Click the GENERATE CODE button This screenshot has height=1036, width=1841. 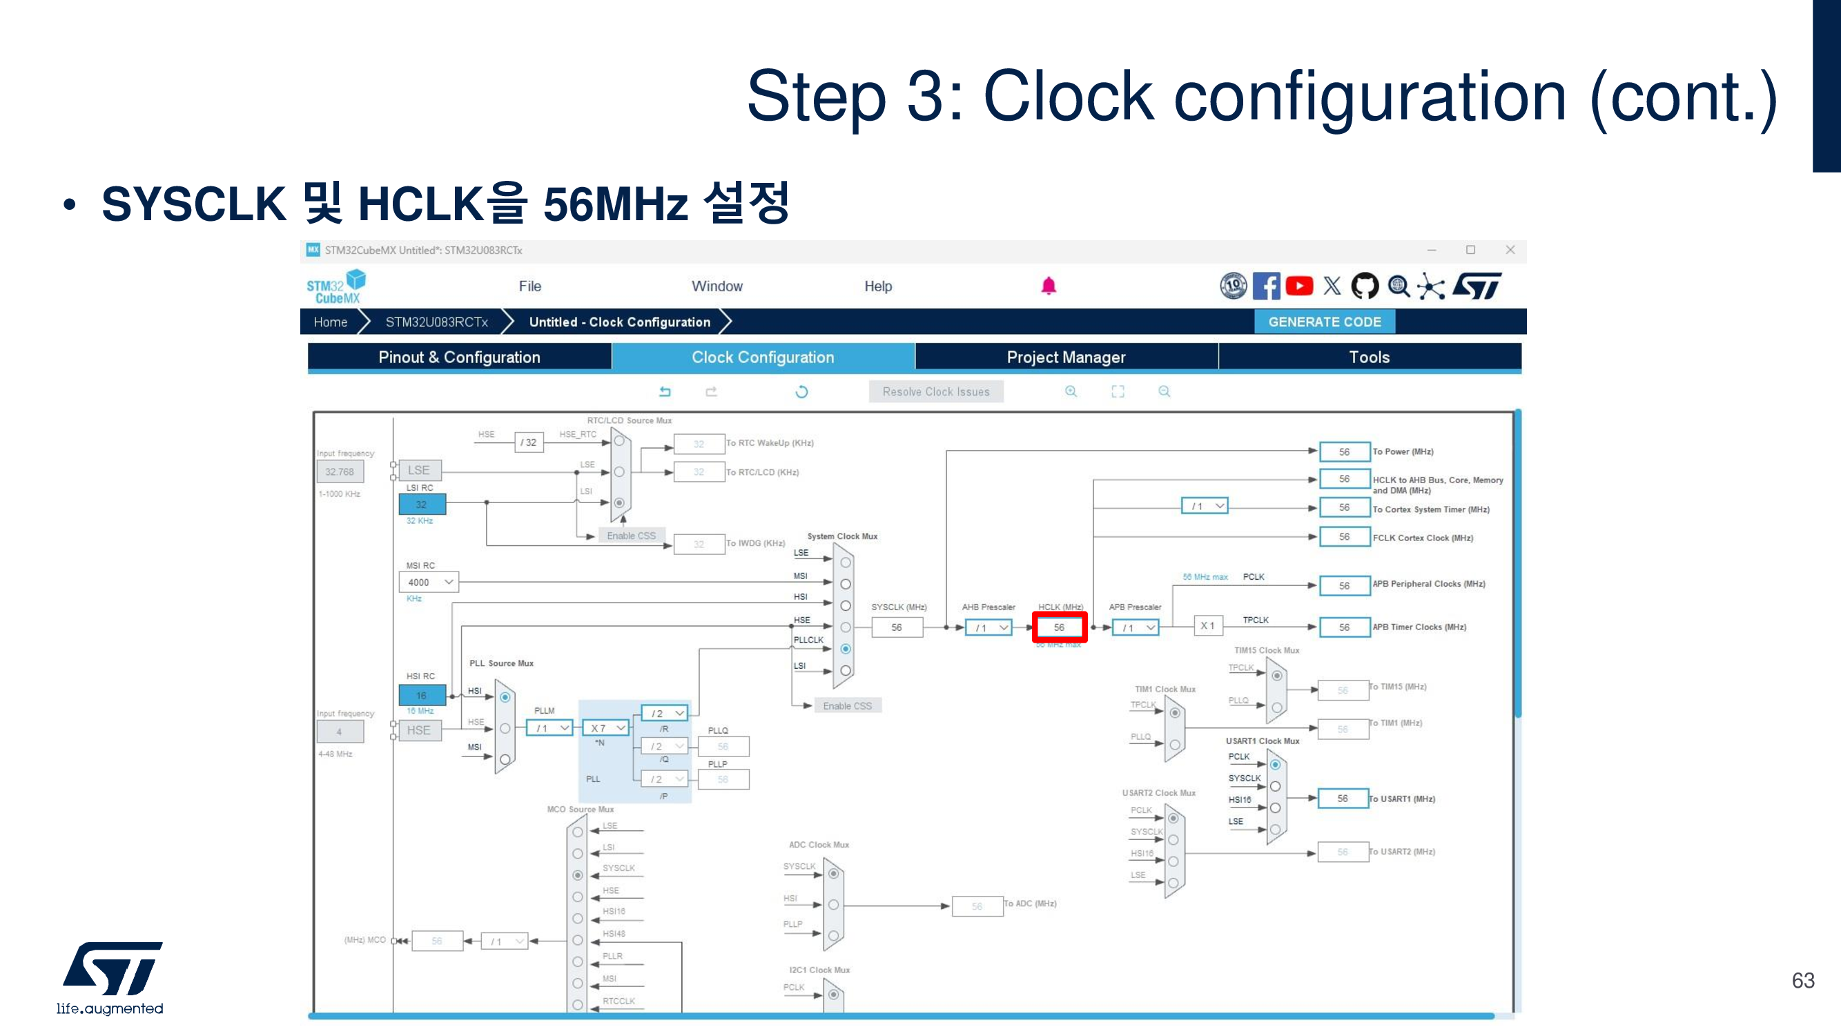click(x=1324, y=322)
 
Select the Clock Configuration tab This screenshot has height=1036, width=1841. click(x=763, y=358)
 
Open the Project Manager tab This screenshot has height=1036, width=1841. click(x=1066, y=358)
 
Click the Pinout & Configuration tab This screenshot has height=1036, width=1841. click(x=459, y=358)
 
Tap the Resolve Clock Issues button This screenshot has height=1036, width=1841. click(x=935, y=391)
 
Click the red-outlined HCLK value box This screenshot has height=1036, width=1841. click(x=1059, y=627)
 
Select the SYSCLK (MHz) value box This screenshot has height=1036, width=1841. click(x=896, y=627)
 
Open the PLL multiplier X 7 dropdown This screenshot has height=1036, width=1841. click(x=607, y=728)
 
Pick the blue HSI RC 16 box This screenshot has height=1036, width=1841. click(x=422, y=695)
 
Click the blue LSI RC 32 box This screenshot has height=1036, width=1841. click(x=422, y=505)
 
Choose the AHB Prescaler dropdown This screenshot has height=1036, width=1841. click(x=988, y=628)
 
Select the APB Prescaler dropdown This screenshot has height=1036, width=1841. click(x=1135, y=628)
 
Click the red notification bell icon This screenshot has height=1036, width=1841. click(x=1049, y=286)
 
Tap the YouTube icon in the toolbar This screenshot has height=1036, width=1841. click(x=1298, y=286)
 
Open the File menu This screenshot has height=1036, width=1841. click(x=529, y=286)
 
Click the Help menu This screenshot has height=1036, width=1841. click(x=877, y=286)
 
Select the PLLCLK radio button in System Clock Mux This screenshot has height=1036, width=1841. click(x=846, y=649)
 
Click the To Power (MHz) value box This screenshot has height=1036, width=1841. click(x=1343, y=452)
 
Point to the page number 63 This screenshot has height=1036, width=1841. click(x=1802, y=980)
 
